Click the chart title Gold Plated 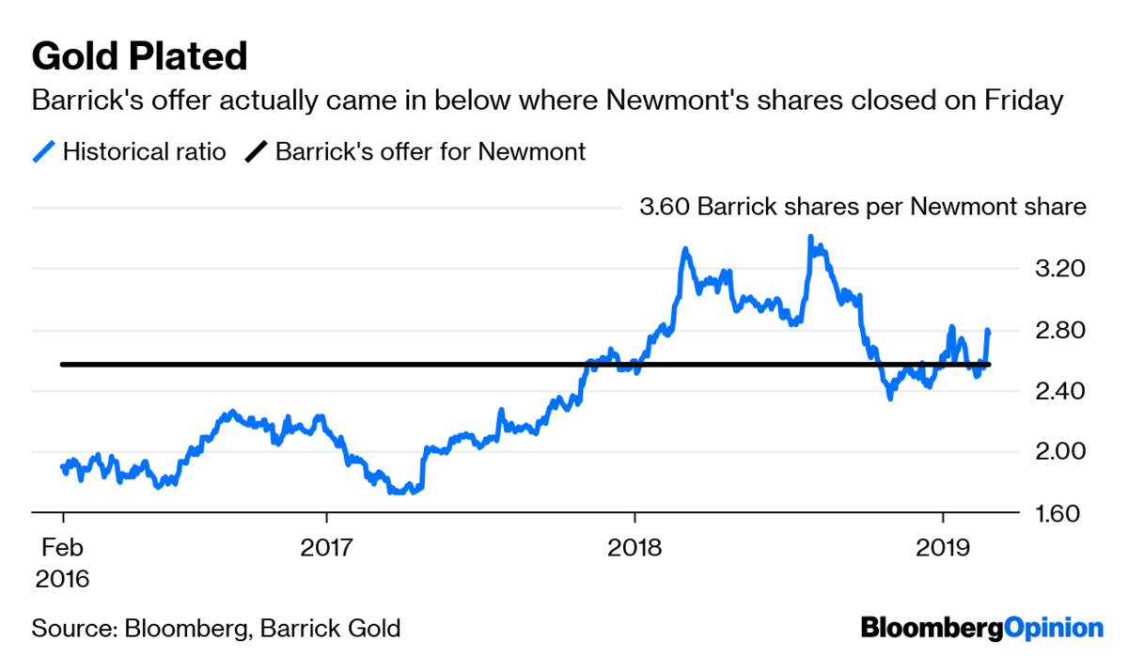point(139,57)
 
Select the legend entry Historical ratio point(144,151)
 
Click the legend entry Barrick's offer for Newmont point(430,151)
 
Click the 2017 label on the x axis point(326,547)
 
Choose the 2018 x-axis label point(634,547)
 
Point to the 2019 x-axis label point(943,547)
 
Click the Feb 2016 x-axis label point(62,562)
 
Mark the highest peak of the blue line point(810,239)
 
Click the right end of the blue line point(988,331)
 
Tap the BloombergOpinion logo point(982,628)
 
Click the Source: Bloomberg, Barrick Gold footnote point(216,628)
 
